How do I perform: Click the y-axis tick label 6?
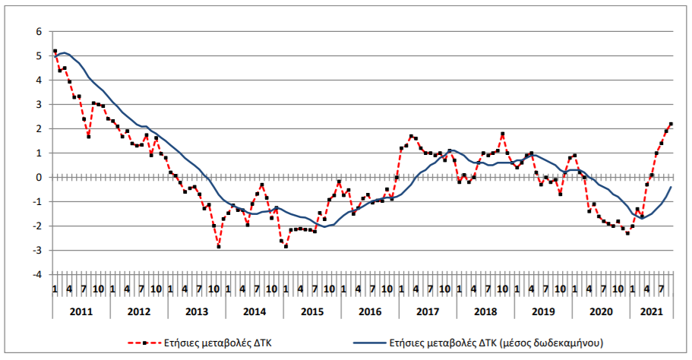coord(39,32)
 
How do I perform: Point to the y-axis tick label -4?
coord(37,274)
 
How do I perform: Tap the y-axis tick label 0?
coord(39,178)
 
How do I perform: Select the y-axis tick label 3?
coord(39,105)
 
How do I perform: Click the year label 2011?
coord(81,311)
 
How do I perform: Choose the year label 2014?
coord(254,311)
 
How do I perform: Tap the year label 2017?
coord(428,311)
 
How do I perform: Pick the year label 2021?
coord(652,311)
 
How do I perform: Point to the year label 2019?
coord(543,311)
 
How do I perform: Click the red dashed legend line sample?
coord(144,343)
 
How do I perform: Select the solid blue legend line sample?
coord(370,343)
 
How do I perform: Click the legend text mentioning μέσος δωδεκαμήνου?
coord(496,343)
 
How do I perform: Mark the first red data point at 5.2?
coord(55,51)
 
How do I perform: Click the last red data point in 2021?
coord(671,124)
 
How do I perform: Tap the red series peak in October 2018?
coord(502,134)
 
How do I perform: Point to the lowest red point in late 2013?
coord(219,247)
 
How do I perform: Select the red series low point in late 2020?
coord(627,233)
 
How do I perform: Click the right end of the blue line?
coord(671,187)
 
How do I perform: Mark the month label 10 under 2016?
coord(387,289)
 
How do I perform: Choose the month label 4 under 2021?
coord(647,289)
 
